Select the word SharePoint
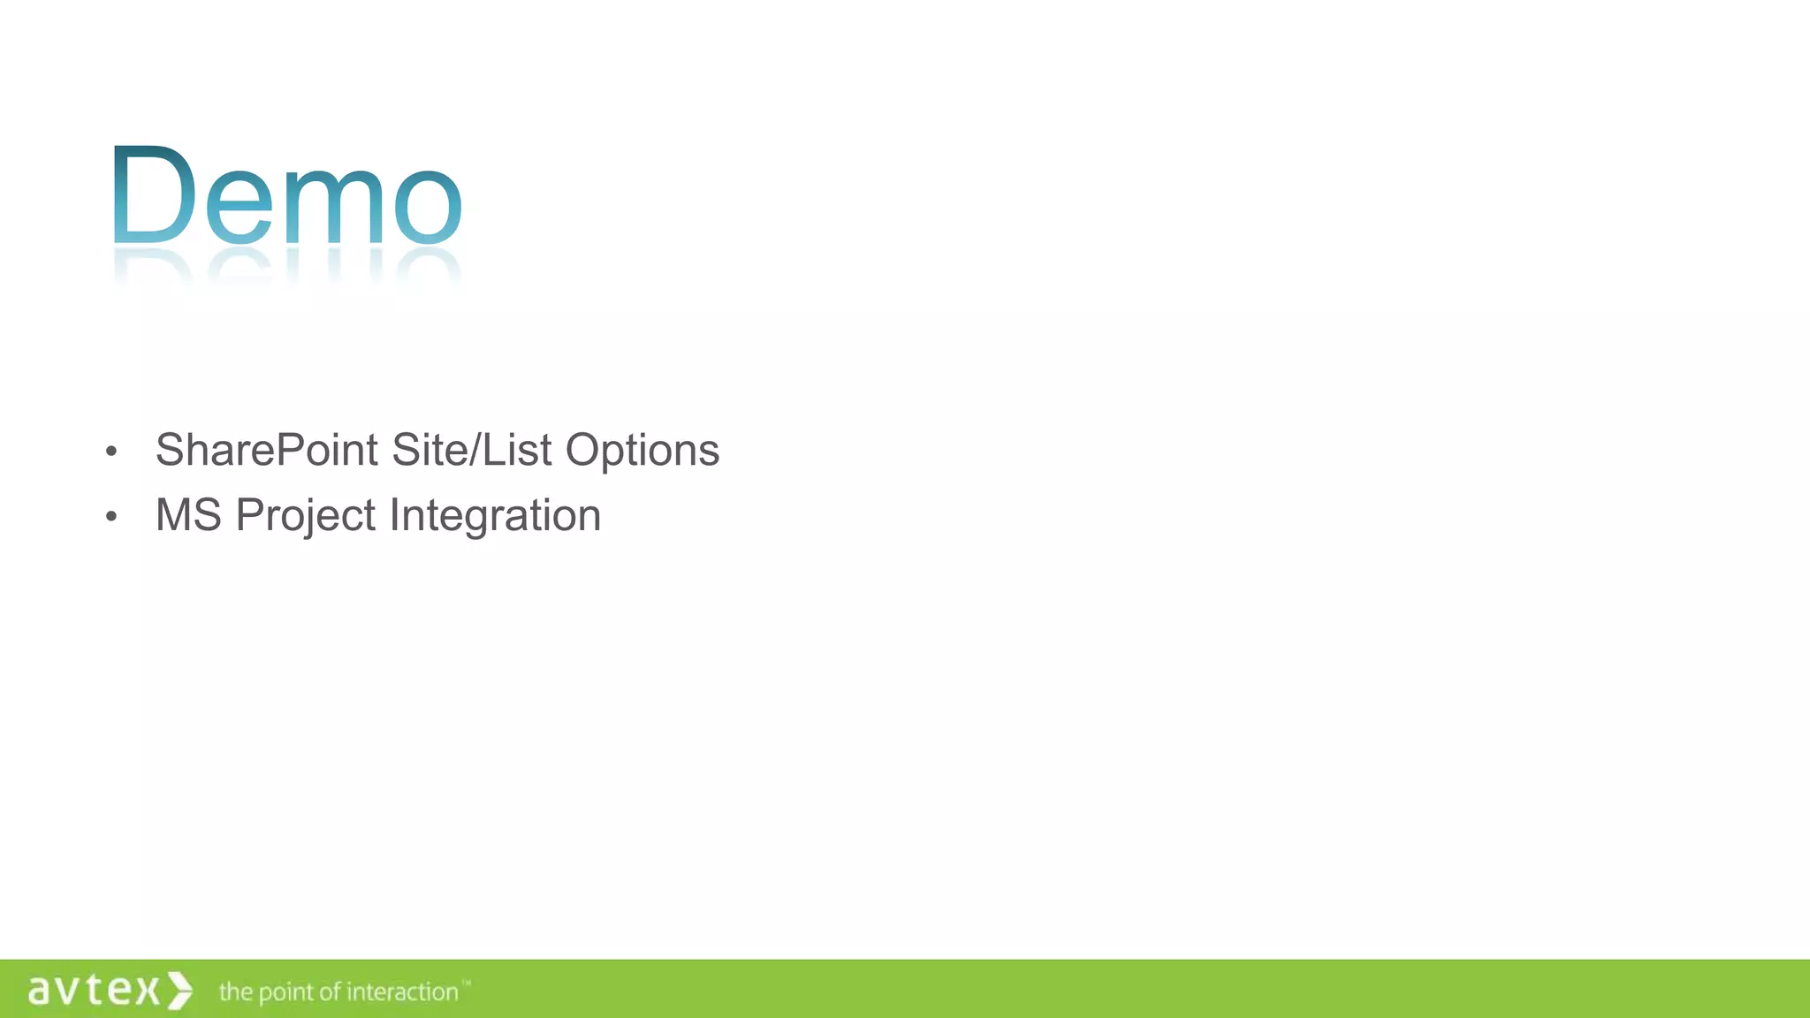267,451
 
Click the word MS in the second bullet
188,515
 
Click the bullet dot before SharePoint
110,452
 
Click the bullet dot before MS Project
110,517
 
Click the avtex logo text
94,990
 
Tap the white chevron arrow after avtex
180,990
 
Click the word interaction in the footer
402,992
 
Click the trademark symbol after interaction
467,983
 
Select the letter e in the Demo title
239,206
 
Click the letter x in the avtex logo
147,991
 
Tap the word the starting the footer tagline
235,991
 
